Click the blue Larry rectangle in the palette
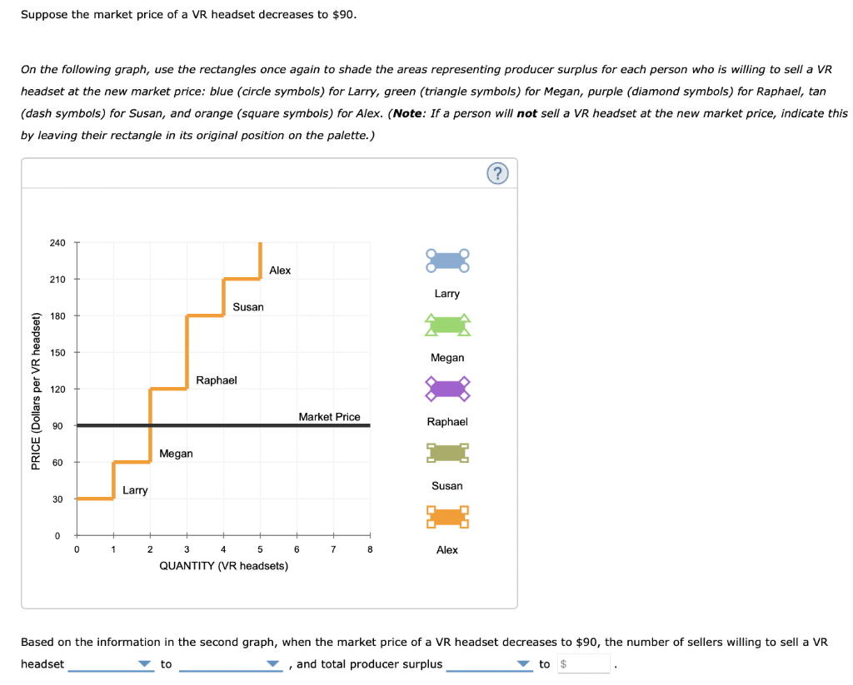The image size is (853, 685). point(447,261)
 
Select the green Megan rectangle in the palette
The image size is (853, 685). point(447,325)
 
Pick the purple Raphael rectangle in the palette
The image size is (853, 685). point(447,389)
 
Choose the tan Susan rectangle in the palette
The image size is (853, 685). point(447,453)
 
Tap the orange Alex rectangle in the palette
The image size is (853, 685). point(447,517)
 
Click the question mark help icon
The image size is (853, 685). point(497,173)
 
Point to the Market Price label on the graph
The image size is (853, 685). point(329,417)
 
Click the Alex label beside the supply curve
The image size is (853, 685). point(280,271)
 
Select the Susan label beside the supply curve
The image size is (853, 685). point(248,307)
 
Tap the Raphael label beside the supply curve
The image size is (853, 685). point(217,380)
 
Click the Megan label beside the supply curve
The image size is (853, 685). point(176,454)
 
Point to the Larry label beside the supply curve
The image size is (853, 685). point(135,490)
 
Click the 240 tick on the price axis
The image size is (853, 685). point(57,243)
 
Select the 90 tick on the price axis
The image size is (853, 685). point(58,426)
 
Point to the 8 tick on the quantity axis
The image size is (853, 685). point(370,549)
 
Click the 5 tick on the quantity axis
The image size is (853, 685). point(260,549)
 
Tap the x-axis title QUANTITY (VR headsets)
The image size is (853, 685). point(223,566)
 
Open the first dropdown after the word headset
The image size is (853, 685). point(112,663)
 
